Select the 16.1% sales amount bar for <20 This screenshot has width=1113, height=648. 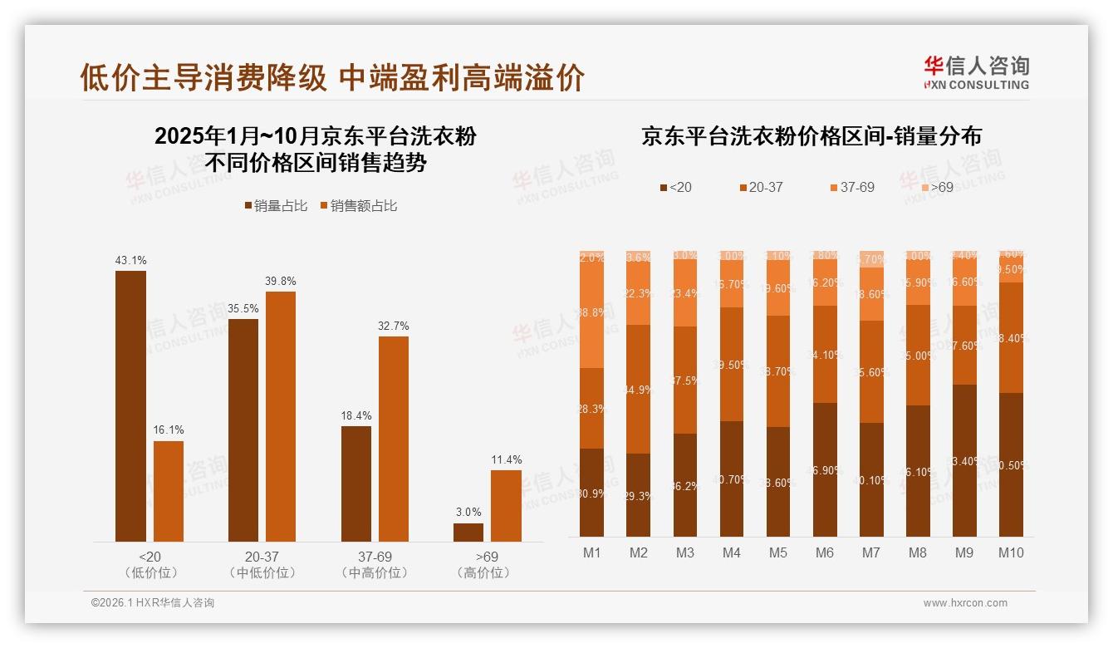(169, 491)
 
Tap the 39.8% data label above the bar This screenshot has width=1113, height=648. (281, 281)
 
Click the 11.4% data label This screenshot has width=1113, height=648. (506, 460)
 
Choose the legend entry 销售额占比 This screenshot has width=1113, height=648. (358, 206)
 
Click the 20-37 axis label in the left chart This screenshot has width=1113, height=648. (262, 557)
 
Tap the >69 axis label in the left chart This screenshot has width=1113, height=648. (488, 557)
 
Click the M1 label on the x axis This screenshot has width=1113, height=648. (591, 552)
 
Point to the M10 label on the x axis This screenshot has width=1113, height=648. (1011, 552)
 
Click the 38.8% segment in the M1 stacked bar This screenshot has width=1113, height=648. (591, 312)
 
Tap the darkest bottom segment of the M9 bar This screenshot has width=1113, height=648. (964, 461)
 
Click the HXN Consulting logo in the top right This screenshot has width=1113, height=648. (976, 72)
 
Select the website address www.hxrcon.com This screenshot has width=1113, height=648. (965, 603)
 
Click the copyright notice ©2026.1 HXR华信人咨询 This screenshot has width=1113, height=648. (153, 603)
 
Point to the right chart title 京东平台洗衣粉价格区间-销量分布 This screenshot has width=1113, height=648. (811, 136)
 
